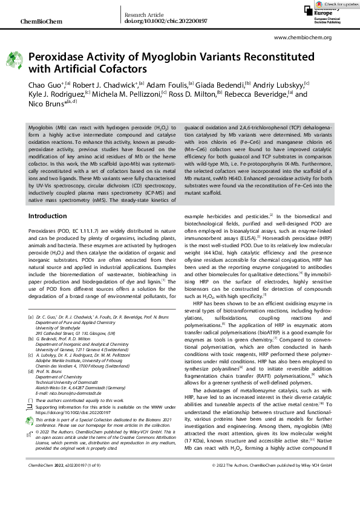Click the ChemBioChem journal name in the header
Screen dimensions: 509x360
pos(38,21)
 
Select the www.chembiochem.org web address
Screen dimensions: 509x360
pos(303,37)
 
